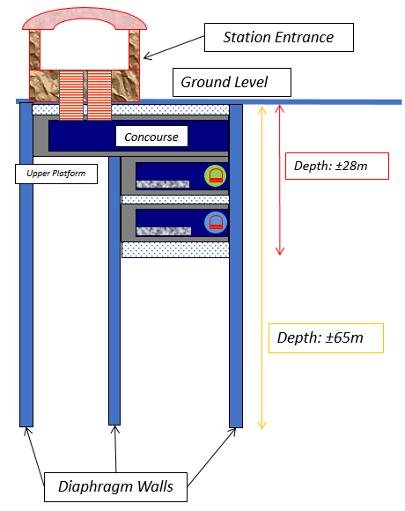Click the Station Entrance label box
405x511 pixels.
[279, 38]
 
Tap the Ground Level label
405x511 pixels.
[232, 82]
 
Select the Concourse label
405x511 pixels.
[151, 137]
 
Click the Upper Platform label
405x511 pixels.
[56, 174]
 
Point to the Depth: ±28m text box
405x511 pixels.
[337, 166]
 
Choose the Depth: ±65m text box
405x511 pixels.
[326, 338]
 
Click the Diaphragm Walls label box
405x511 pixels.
[115, 487]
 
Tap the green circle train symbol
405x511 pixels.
[215, 176]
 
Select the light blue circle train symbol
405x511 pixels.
[216, 223]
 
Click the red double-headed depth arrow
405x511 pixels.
[280, 180]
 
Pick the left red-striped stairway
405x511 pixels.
[71, 95]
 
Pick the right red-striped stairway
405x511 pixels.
[99, 95]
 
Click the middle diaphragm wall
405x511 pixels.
[114, 291]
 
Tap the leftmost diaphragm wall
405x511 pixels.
[26, 264]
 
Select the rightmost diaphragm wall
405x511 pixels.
[236, 266]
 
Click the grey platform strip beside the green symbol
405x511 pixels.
[163, 184]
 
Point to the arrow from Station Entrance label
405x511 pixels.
[173, 48]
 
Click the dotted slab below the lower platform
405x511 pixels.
[175, 249]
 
